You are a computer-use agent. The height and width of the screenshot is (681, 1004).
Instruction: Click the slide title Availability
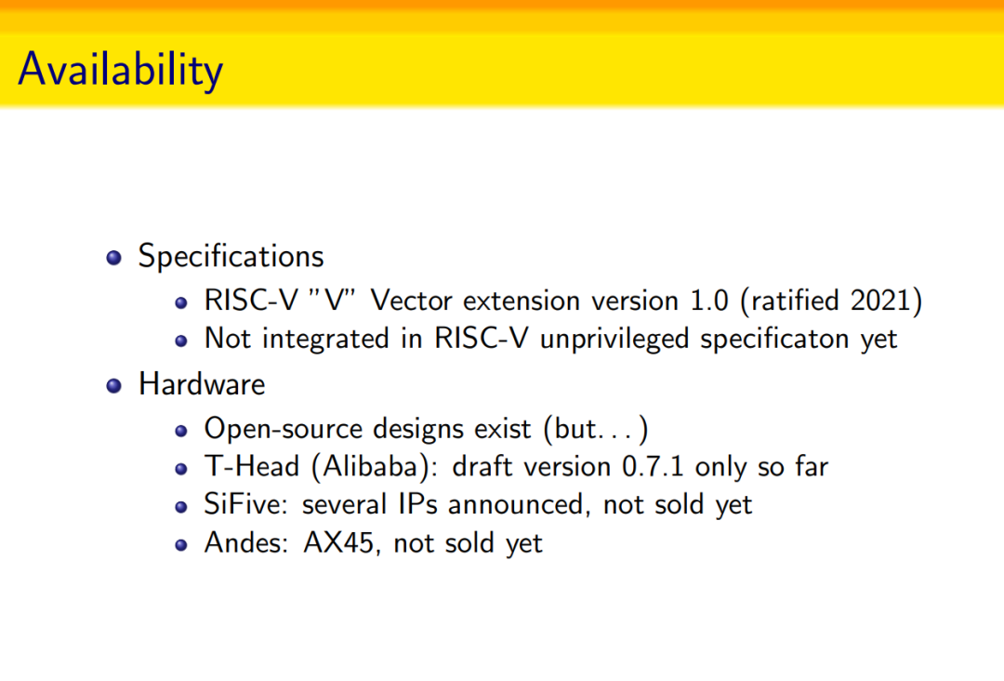(x=120, y=70)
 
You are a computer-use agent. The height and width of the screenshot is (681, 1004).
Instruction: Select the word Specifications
(x=231, y=256)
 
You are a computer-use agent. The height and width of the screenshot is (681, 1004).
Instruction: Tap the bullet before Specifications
(x=114, y=258)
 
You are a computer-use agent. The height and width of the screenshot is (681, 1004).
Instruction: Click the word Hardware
(x=202, y=383)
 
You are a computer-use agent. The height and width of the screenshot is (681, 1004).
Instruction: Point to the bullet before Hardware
(x=114, y=386)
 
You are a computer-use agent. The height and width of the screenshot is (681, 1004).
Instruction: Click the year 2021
(x=880, y=300)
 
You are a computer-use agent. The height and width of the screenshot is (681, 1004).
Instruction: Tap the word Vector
(x=412, y=300)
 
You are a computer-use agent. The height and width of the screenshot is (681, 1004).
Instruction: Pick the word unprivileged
(x=614, y=339)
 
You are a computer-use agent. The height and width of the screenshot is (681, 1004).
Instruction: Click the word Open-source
(x=283, y=429)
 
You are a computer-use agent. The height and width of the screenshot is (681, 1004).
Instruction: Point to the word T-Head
(x=252, y=466)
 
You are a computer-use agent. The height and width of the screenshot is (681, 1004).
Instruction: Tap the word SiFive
(x=243, y=504)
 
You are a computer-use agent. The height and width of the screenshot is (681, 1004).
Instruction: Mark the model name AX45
(x=338, y=542)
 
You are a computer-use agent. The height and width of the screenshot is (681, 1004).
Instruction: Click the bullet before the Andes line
(x=181, y=544)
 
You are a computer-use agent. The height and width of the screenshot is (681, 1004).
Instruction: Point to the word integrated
(x=325, y=339)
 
